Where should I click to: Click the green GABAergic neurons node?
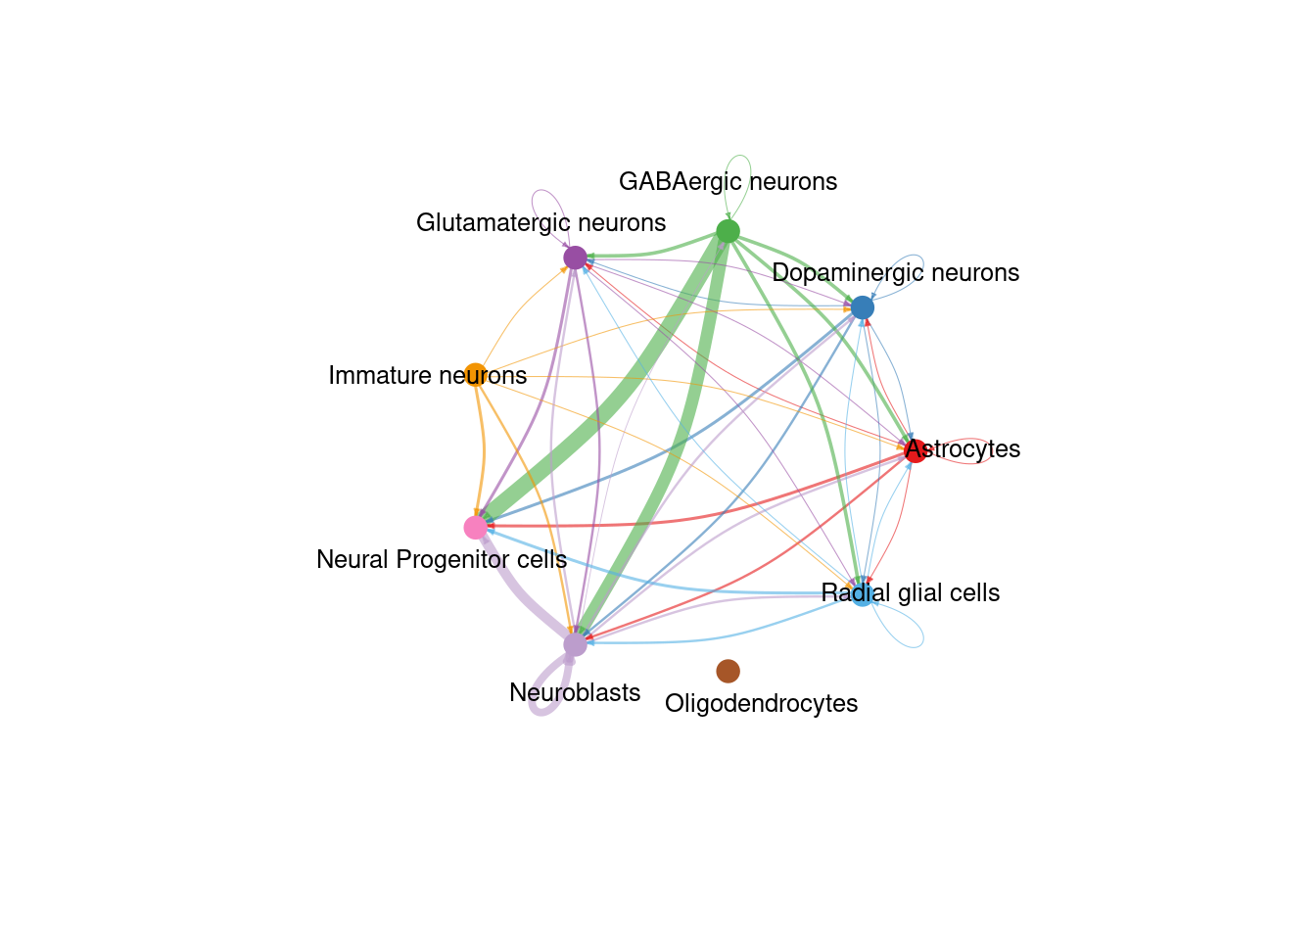[x=728, y=231]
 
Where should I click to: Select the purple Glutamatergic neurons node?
[x=575, y=258]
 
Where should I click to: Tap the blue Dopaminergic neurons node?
[x=862, y=307]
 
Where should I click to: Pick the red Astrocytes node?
[x=915, y=451]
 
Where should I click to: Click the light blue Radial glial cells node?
[x=862, y=595]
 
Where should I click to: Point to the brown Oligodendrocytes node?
[x=728, y=671]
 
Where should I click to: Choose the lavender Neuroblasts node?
[x=575, y=644]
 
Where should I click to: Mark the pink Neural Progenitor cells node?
[x=476, y=528]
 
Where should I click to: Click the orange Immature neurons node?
[x=475, y=374]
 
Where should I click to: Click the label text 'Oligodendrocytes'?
[x=761, y=703]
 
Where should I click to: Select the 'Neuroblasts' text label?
[x=575, y=692]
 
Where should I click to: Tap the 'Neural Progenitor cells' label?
[x=442, y=559]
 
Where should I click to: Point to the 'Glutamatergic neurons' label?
[x=540, y=222]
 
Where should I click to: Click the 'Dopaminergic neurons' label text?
[x=895, y=272]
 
